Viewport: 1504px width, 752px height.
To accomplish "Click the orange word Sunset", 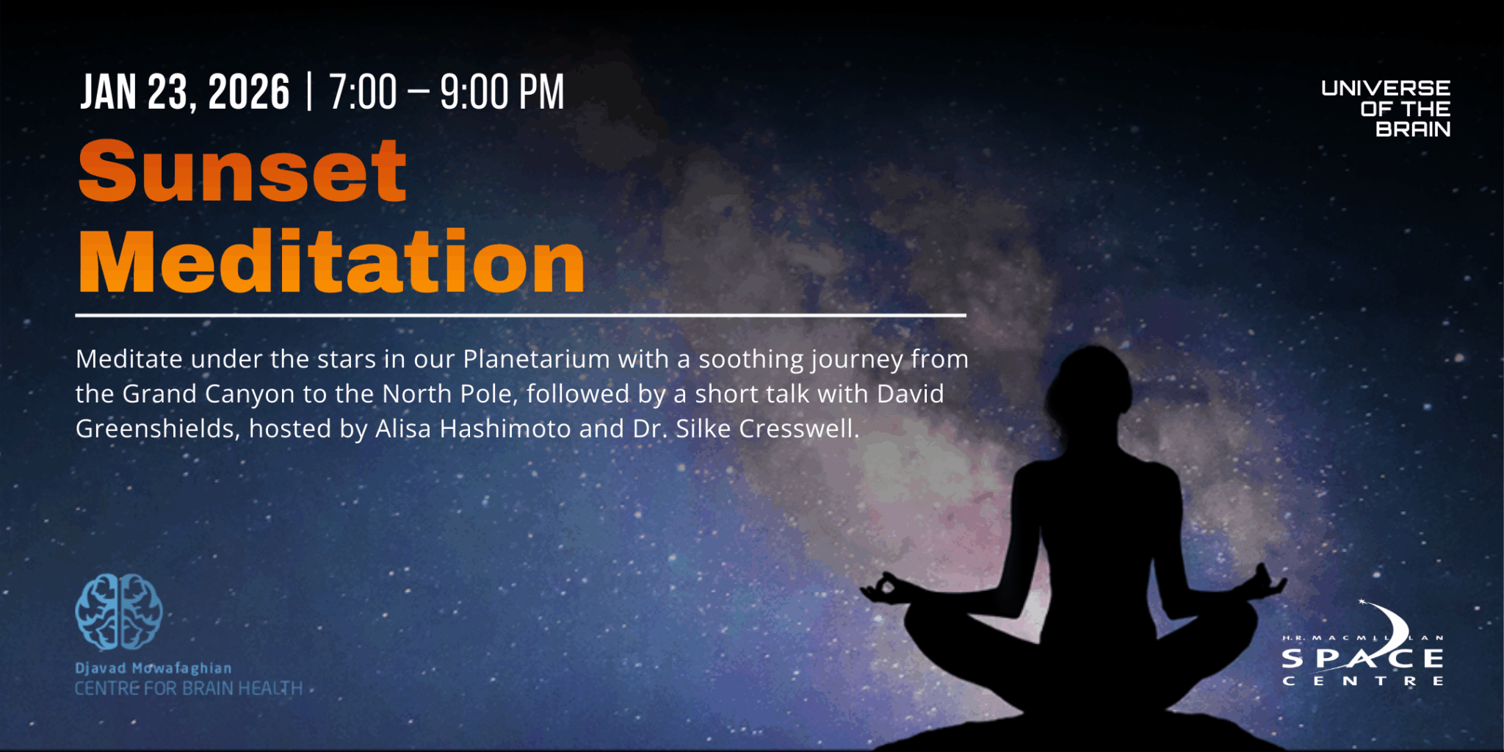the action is coord(242,171).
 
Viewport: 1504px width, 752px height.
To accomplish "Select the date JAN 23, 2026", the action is coord(185,93).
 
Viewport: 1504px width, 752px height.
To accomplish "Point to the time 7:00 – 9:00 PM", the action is coord(446,93).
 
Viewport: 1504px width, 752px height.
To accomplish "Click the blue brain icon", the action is coord(119,612).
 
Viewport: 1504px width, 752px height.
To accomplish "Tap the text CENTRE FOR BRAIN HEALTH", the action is coord(189,688).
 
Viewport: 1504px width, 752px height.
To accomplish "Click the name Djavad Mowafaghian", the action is coord(153,668).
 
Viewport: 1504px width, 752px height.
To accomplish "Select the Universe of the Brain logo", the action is coord(1386,109).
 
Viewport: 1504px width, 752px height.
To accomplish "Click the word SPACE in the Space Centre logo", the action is coord(1363,659).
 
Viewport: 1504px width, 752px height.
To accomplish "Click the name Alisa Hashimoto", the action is coord(473,428).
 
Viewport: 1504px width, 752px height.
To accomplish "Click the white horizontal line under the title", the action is coord(521,315).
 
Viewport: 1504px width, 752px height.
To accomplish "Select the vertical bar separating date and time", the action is coord(309,93).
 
